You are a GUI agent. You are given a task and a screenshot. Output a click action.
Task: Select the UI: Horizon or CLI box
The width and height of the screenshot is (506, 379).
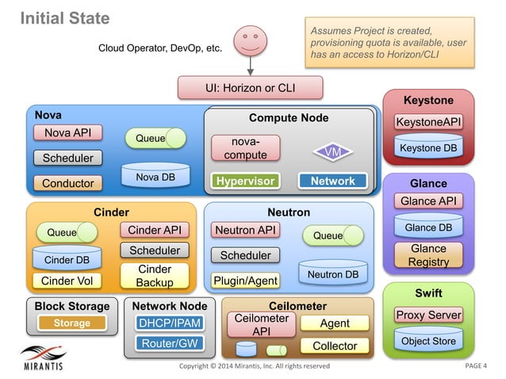(250, 87)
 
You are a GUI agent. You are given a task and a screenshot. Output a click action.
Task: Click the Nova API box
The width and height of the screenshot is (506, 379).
(67, 132)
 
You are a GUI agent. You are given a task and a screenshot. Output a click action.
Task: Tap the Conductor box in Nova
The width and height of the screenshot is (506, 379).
(67, 183)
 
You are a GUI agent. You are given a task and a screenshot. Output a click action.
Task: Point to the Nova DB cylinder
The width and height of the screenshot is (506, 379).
(155, 177)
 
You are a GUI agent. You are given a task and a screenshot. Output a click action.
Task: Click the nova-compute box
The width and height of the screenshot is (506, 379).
(244, 148)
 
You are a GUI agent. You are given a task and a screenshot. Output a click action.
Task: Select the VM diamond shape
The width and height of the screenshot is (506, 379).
(333, 151)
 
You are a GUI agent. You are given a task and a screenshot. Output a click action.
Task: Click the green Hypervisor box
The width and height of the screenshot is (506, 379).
(246, 181)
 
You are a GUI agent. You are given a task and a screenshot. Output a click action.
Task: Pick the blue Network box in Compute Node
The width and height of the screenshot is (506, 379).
(332, 181)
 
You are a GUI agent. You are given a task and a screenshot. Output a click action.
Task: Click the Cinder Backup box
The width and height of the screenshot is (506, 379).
(154, 276)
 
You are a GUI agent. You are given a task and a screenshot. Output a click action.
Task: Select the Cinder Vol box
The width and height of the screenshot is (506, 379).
(67, 281)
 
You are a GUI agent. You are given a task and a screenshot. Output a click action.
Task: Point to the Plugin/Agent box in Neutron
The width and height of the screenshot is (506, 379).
(244, 281)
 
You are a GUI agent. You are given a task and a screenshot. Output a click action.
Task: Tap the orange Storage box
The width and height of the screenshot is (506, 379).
(71, 323)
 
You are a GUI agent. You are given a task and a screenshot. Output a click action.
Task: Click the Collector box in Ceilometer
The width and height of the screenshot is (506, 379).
(335, 346)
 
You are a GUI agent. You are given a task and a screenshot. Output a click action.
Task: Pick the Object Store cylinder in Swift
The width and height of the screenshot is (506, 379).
(428, 340)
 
